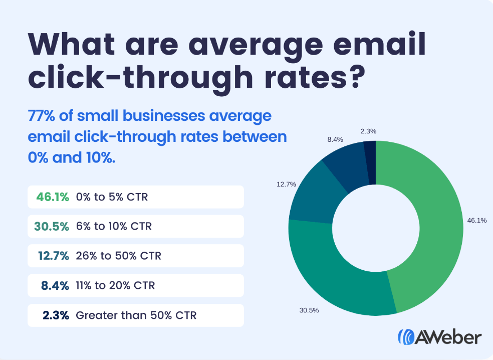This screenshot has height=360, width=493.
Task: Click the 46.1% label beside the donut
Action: click(477, 220)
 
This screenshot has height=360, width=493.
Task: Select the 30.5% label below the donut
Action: click(309, 310)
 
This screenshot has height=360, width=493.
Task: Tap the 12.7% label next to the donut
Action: click(286, 184)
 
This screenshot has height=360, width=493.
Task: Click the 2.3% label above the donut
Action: click(368, 131)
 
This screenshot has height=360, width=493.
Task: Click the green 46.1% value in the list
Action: click(53, 197)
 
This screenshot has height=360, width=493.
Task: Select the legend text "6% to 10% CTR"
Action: click(114, 227)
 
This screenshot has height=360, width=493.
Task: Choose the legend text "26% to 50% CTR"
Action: click(119, 256)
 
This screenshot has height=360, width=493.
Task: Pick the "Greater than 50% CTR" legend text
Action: click(136, 315)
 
